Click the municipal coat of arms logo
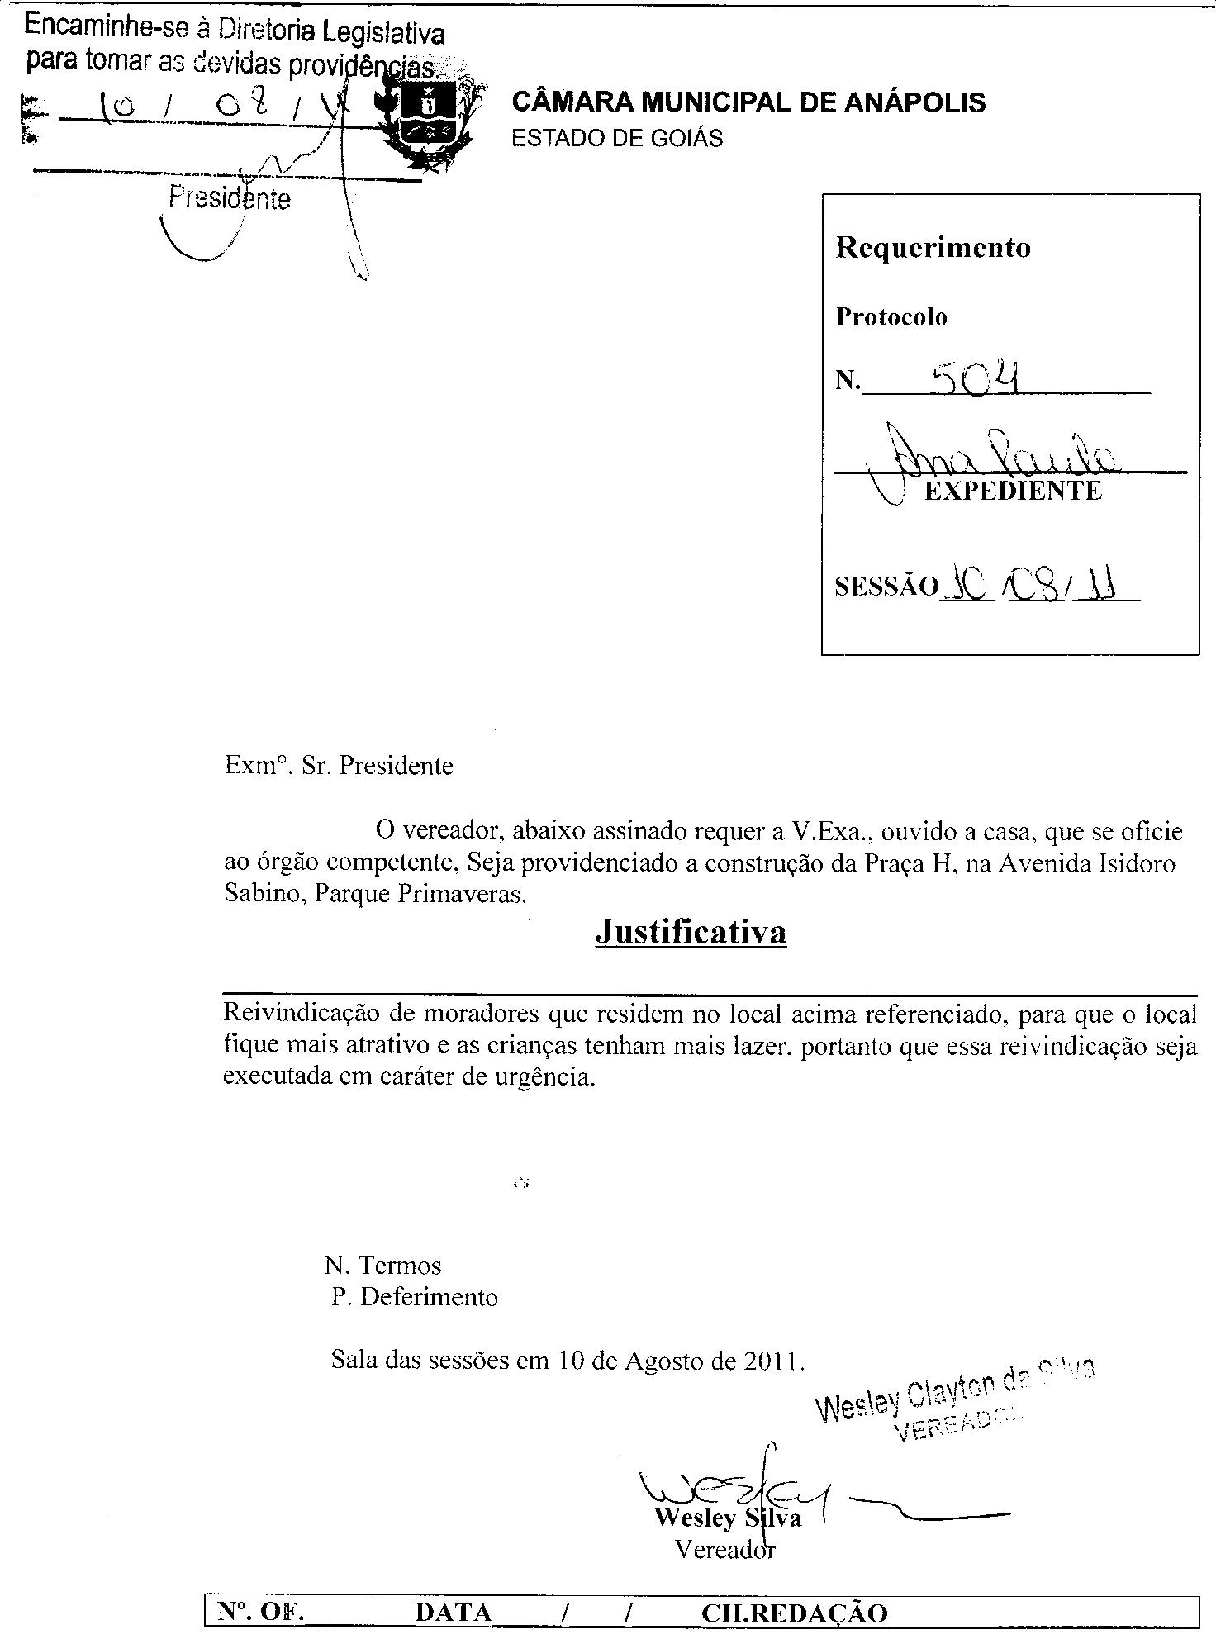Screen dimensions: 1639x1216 point(427,117)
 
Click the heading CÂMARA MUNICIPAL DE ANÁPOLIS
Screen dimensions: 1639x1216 point(748,102)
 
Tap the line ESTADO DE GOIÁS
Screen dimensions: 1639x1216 point(617,138)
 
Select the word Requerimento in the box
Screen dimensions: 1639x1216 point(933,247)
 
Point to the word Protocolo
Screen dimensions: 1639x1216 point(891,317)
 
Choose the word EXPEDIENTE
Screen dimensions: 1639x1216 point(1013,491)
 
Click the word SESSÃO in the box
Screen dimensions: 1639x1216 point(886,586)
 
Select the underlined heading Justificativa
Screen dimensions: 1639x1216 point(690,932)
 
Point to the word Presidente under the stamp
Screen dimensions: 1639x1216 point(230,199)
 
